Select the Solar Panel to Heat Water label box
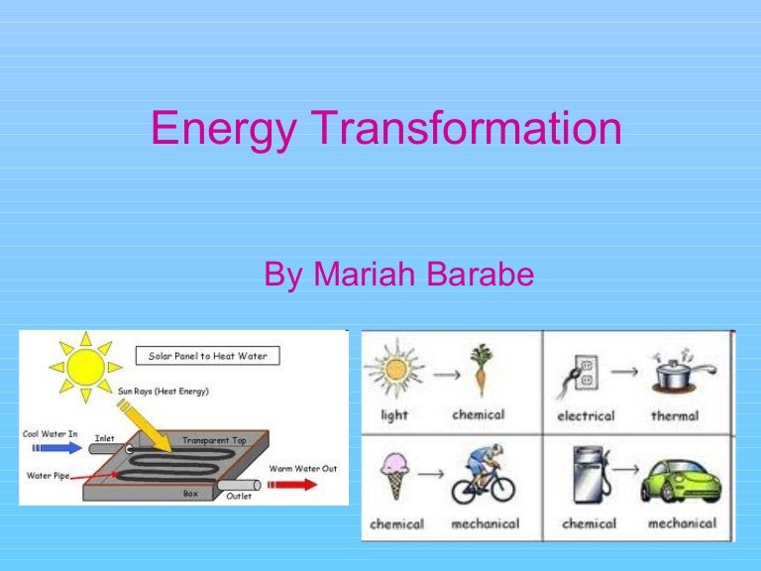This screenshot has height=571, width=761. (207, 355)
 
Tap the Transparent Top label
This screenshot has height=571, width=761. (213, 439)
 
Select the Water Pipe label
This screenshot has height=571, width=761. (48, 476)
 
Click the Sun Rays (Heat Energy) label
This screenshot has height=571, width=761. (163, 391)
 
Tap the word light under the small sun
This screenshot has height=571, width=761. (394, 415)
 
